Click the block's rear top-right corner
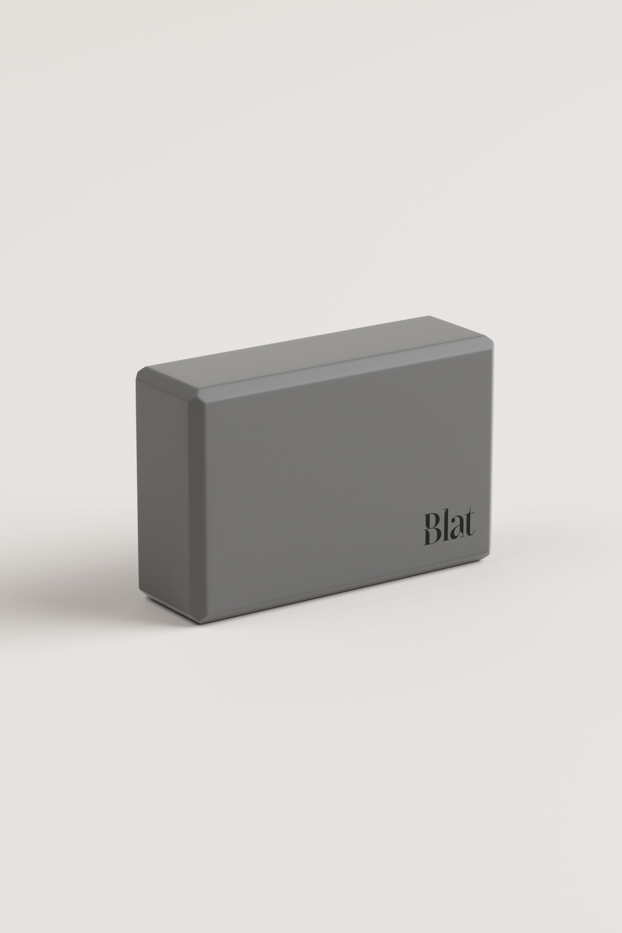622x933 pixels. point(429,316)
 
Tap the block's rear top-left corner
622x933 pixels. point(146,367)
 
